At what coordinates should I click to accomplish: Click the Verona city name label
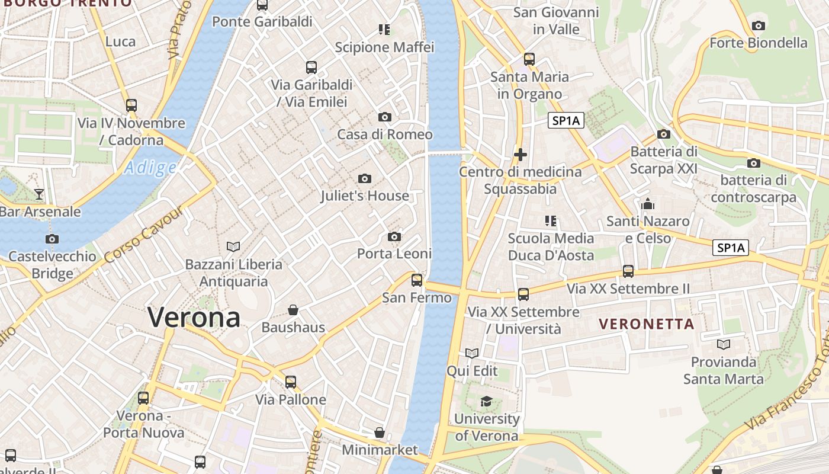click(x=194, y=317)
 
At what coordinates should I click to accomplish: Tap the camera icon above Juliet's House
click(x=365, y=178)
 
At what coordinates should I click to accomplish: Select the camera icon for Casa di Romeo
click(x=385, y=117)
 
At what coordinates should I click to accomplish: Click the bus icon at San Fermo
click(x=417, y=280)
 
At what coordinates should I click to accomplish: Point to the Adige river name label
click(x=150, y=168)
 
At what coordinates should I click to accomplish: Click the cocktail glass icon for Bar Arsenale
click(x=39, y=194)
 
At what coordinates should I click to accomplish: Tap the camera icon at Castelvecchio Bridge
click(x=52, y=239)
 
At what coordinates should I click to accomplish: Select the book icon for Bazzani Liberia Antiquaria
click(x=233, y=246)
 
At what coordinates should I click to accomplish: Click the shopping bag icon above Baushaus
click(x=293, y=310)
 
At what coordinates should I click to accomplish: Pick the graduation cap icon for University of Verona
click(x=486, y=401)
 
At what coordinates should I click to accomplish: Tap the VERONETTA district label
click(x=646, y=324)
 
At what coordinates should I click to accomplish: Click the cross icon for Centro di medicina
click(x=520, y=155)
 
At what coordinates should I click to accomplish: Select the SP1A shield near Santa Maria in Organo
click(x=565, y=121)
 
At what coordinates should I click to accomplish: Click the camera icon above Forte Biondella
click(x=758, y=25)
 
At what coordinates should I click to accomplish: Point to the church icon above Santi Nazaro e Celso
click(x=648, y=204)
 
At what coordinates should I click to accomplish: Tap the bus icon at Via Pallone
click(x=290, y=382)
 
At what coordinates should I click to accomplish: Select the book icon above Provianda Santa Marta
click(x=723, y=344)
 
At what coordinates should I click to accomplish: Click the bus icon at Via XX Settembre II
click(x=628, y=271)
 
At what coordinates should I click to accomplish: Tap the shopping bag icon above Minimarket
click(x=380, y=433)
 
